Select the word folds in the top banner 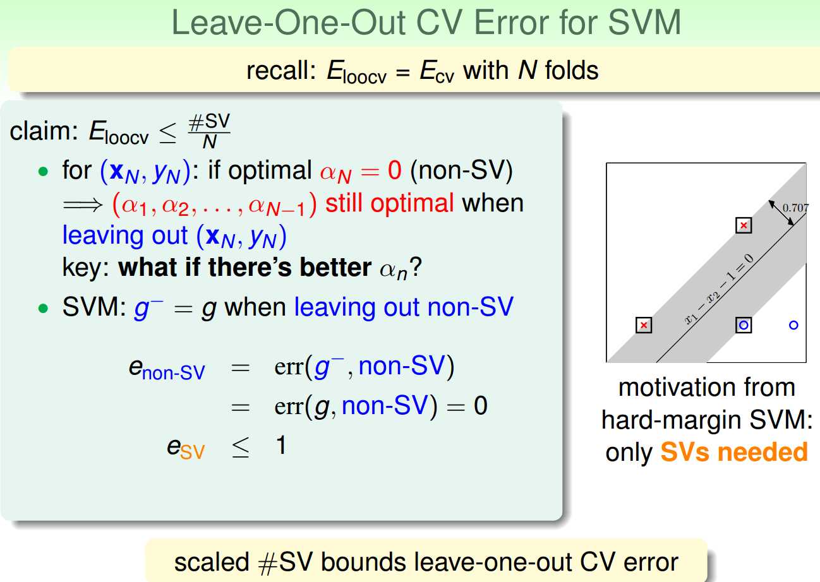pos(572,70)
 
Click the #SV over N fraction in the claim pos(209,131)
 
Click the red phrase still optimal pos(390,203)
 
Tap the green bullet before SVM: pos(43,309)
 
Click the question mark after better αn pos(416,267)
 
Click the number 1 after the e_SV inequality pos(281,445)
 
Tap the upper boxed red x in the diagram pos(744,225)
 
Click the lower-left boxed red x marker pos(644,325)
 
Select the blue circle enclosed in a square pos(744,325)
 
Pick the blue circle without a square pos(793,325)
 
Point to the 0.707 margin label pos(795,208)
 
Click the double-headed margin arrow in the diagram pos(781,213)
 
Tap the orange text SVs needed pos(734,452)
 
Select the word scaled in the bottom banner pos(212,562)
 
